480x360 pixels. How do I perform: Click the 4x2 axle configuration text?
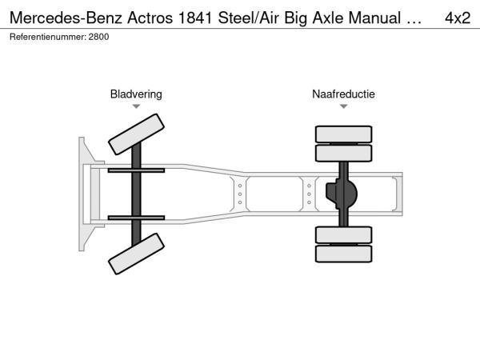[458, 18]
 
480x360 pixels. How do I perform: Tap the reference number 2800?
[98, 37]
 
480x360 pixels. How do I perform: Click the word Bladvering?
[136, 94]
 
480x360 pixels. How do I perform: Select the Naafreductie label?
[343, 94]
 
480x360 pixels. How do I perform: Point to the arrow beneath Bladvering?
[136, 106]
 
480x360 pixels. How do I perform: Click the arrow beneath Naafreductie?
[343, 106]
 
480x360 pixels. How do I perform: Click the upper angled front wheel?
[136, 134]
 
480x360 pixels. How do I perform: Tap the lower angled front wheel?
[136, 254]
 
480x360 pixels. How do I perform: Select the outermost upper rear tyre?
[343, 134]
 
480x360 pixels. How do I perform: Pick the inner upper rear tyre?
[343, 153]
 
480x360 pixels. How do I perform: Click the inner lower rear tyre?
[343, 234]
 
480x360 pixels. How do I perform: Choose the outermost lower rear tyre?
[343, 254]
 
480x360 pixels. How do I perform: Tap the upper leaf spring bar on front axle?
[136, 170]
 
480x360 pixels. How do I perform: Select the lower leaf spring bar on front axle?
[136, 218]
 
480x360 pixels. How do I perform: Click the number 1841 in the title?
[195, 18]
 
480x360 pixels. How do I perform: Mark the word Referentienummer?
[48, 37]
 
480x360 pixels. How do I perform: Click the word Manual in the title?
[374, 18]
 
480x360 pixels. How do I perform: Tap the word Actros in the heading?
[150, 18]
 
